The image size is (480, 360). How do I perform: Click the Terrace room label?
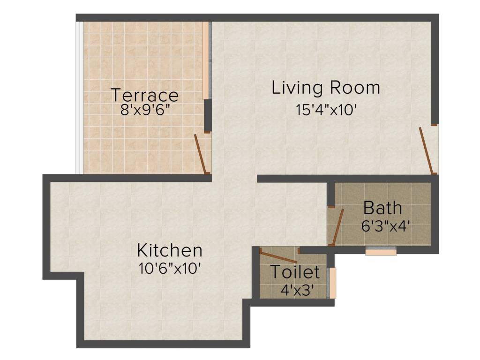pos(145,95)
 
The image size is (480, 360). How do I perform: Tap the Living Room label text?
pos(326,88)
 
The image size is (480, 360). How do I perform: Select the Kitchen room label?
pos(170,250)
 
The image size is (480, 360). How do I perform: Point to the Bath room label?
pos(382,207)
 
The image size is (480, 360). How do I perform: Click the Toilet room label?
pos(295,272)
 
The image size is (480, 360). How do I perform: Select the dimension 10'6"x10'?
pos(169,269)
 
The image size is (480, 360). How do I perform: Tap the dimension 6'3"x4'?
pos(386,226)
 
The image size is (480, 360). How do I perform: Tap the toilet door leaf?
pos(278,257)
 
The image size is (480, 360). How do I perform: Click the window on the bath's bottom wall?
pos(381,251)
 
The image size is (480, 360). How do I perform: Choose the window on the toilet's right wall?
pos(333,283)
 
